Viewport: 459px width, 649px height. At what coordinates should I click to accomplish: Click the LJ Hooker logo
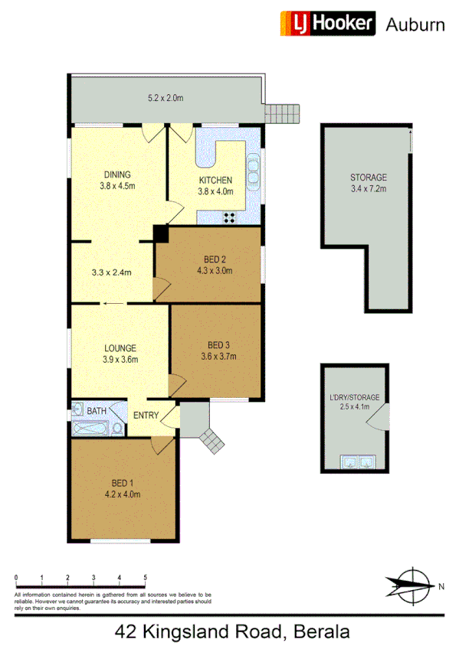click(x=328, y=24)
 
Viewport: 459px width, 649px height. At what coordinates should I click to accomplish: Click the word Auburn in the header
click(x=415, y=24)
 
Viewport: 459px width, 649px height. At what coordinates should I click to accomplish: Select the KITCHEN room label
click(x=215, y=181)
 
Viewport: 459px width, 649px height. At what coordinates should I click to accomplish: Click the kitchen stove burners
click(x=230, y=217)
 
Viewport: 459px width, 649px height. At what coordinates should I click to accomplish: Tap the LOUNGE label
click(x=120, y=348)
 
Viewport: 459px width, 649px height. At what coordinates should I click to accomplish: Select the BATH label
click(x=97, y=412)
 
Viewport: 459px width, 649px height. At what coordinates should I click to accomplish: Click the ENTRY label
click(x=146, y=416)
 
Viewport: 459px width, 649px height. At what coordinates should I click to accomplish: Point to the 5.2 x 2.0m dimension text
click(x=166, y=98)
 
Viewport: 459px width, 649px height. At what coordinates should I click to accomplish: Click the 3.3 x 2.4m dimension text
click(x=111, y=272)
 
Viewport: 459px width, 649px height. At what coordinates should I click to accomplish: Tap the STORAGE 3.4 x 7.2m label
click(x=369, y=182)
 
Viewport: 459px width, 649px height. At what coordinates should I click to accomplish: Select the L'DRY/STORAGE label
click(x=359, y=402)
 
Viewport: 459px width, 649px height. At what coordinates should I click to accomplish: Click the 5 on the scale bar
click(x=145, y=578)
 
